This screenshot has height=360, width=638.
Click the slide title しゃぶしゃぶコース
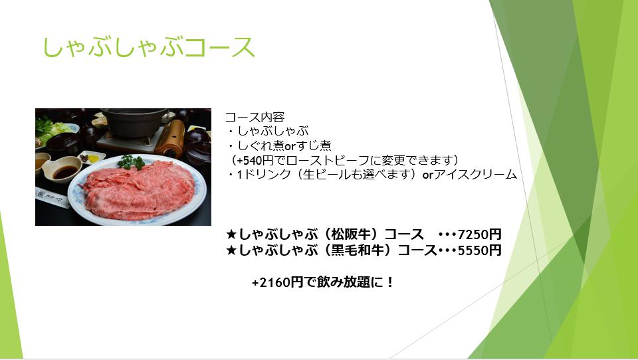click(149, 48)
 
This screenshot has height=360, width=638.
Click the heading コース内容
click(255, 117)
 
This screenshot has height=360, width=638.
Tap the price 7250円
click(479, 234)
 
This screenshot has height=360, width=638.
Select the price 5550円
click(479, 250)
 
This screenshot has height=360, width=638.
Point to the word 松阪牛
click(351, 234)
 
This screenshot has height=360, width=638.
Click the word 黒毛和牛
click(358, 250)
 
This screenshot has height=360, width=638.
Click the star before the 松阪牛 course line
click(231, 234)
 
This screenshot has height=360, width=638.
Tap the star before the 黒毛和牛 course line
click(231, 250)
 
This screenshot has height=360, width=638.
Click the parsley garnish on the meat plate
click(131, 162)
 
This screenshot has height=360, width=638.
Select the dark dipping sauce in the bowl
click(65, 172)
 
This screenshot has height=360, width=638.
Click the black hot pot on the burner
click(134, 122)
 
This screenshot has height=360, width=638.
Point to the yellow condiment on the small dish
click(93, 159)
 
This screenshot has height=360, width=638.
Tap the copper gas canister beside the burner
click(171, 138)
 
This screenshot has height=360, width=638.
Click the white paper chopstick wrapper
click(51, 198)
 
